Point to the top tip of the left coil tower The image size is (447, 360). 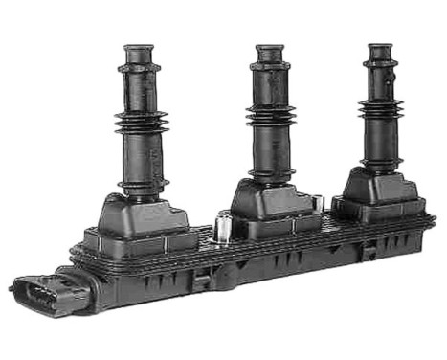point(140,49)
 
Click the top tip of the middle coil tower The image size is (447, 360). point(270,48)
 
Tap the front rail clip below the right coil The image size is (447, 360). point(367,252)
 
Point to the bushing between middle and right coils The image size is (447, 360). point(319,203)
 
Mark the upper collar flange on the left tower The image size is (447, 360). point(140,69)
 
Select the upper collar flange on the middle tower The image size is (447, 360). point(270,67)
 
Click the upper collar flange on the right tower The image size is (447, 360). point(380,63)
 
